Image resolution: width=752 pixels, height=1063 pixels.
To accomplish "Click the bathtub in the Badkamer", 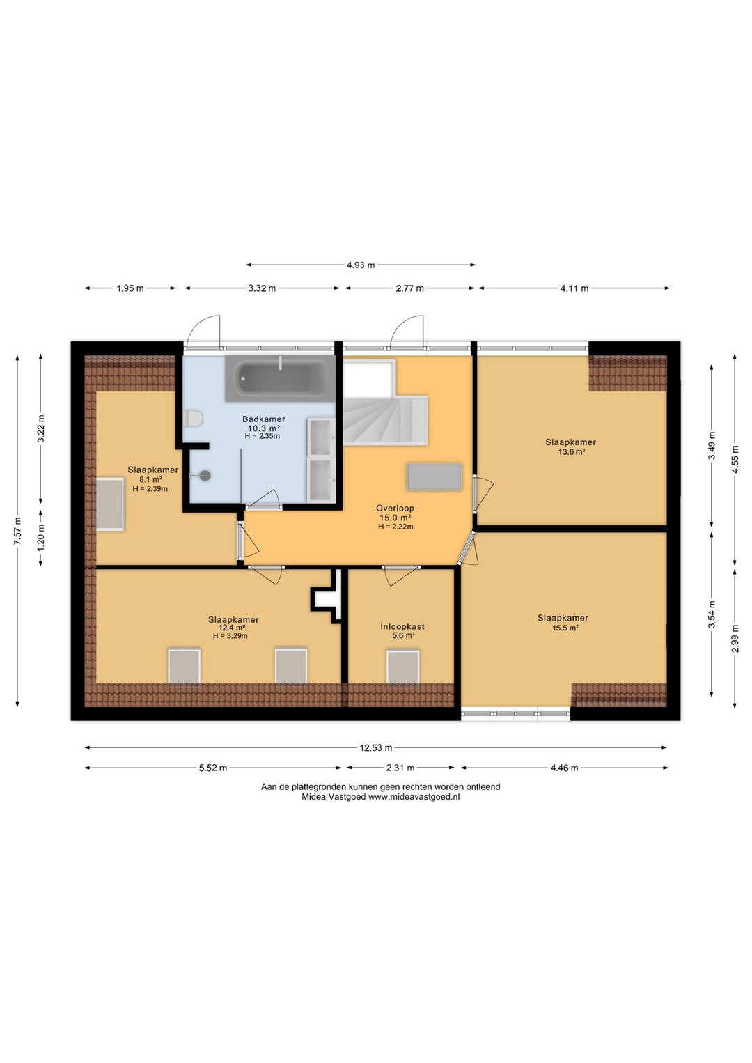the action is [280, 378].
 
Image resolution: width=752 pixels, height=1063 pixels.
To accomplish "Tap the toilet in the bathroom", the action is [194, 419].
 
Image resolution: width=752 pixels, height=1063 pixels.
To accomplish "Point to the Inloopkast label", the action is [402, 626].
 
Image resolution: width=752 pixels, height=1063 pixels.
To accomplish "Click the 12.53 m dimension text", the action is [376, 748].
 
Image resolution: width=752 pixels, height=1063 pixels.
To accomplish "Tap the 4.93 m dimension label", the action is [361, 265].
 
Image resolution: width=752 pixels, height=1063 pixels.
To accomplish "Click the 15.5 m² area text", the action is [563, 628].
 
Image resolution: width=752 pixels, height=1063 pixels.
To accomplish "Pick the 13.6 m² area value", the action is [571, 452].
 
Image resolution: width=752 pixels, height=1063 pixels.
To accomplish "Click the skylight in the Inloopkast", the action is [402, 667].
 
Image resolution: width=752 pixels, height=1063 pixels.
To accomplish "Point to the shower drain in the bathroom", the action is [205, 475].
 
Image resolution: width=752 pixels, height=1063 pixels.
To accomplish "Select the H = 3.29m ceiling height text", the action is [230, 636].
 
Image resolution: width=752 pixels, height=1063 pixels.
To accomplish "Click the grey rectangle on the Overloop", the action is [434, 477].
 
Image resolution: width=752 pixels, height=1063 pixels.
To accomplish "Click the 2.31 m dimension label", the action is [400, 768].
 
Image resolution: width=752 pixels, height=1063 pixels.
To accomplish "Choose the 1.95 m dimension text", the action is [130, 288].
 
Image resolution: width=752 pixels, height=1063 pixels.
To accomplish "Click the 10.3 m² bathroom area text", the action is [263, 428].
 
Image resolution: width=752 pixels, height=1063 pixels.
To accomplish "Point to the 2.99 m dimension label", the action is [735, 639].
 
